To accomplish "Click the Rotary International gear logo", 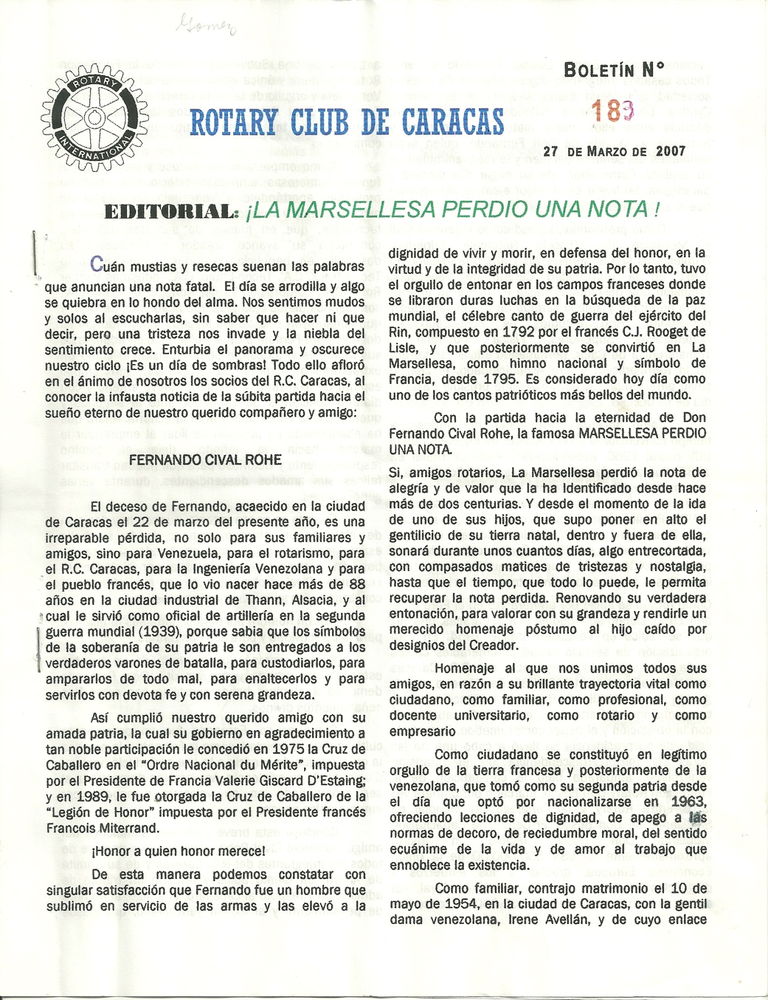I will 95,119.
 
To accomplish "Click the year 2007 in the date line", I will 671,151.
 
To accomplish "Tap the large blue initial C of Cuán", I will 96,264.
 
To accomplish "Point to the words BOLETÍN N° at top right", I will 614,70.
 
